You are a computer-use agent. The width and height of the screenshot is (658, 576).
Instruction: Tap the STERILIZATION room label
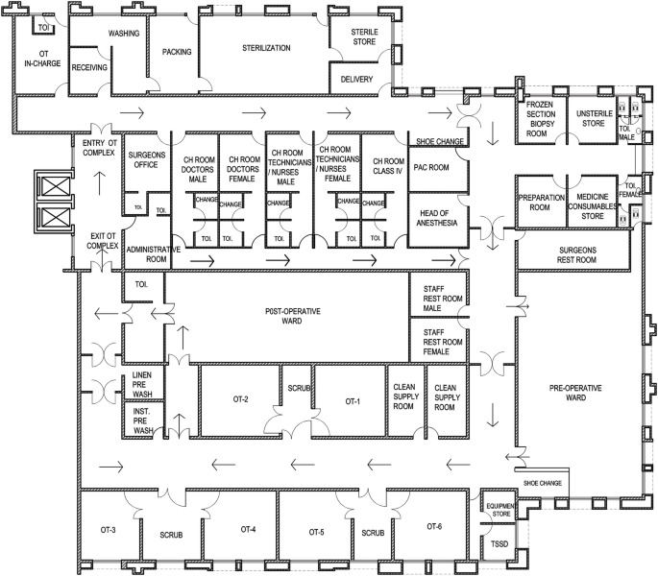[x=266, y=46]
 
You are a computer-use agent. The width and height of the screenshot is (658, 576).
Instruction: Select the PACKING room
[x=177, y=52]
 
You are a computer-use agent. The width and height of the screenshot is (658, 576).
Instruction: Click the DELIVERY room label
[x=356, y=79]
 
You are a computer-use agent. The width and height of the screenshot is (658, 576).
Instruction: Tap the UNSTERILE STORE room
[x=589, y=118]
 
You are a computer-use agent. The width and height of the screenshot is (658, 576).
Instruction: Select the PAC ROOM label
[x=431, y=167]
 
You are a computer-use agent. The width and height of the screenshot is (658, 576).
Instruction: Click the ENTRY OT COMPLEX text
[x=99, y=149]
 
